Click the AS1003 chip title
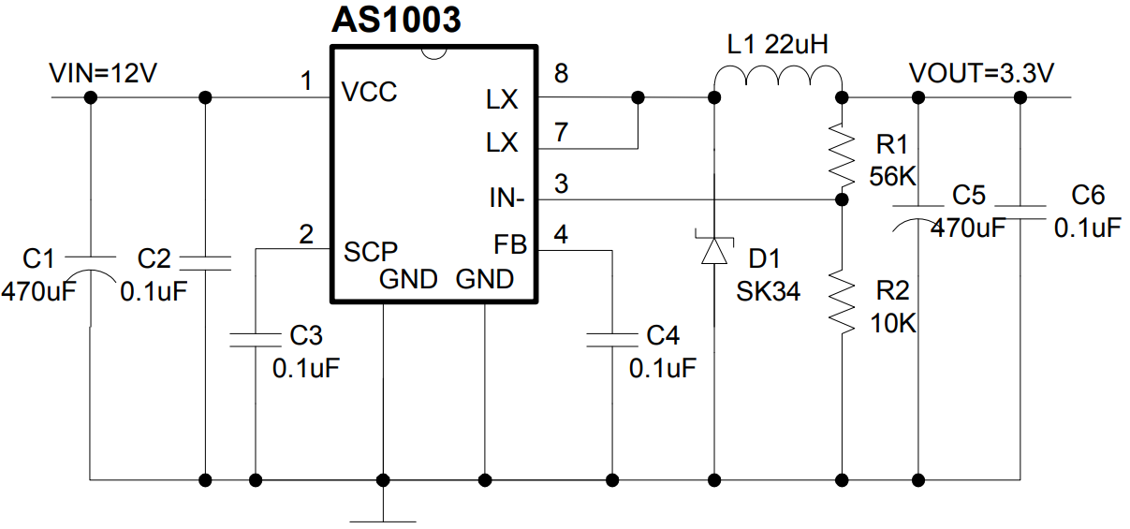[x=396, y=20]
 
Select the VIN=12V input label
[x=103, y=73]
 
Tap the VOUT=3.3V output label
[x=982, y=73]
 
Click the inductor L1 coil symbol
[x=779, y=82]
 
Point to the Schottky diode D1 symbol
[x=715, y=250]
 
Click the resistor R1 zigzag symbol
[x=843, y=156]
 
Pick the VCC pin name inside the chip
[x=369, y=93]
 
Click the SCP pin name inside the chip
[x=371, y=251]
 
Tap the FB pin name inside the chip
[x=510, y=245]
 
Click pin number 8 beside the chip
[x=560, y=73]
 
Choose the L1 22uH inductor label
[x=778, y=45]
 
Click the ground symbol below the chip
[x=384, y=515]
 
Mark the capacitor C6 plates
[x=1020, y=210]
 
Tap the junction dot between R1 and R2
[x=843, y=199]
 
